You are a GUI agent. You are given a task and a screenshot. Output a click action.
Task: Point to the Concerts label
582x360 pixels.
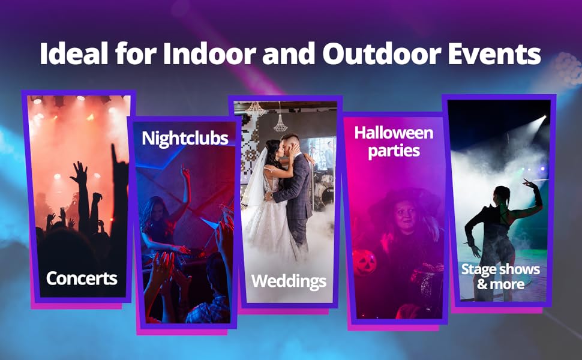(x=82, y=278)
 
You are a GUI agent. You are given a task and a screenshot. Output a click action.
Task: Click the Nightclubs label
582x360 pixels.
(x=185, y=139)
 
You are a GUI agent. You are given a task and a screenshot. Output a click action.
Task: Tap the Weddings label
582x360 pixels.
(x=289, y=281)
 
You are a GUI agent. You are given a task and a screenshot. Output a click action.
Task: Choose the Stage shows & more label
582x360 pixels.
(x=500, y=275)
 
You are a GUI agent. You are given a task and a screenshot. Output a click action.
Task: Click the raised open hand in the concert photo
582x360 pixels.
(x=79, y=173)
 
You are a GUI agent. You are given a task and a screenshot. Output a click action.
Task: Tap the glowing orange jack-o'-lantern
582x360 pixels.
(x=364, y=263)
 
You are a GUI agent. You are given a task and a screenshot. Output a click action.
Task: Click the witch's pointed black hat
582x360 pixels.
(x=396, y=201)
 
